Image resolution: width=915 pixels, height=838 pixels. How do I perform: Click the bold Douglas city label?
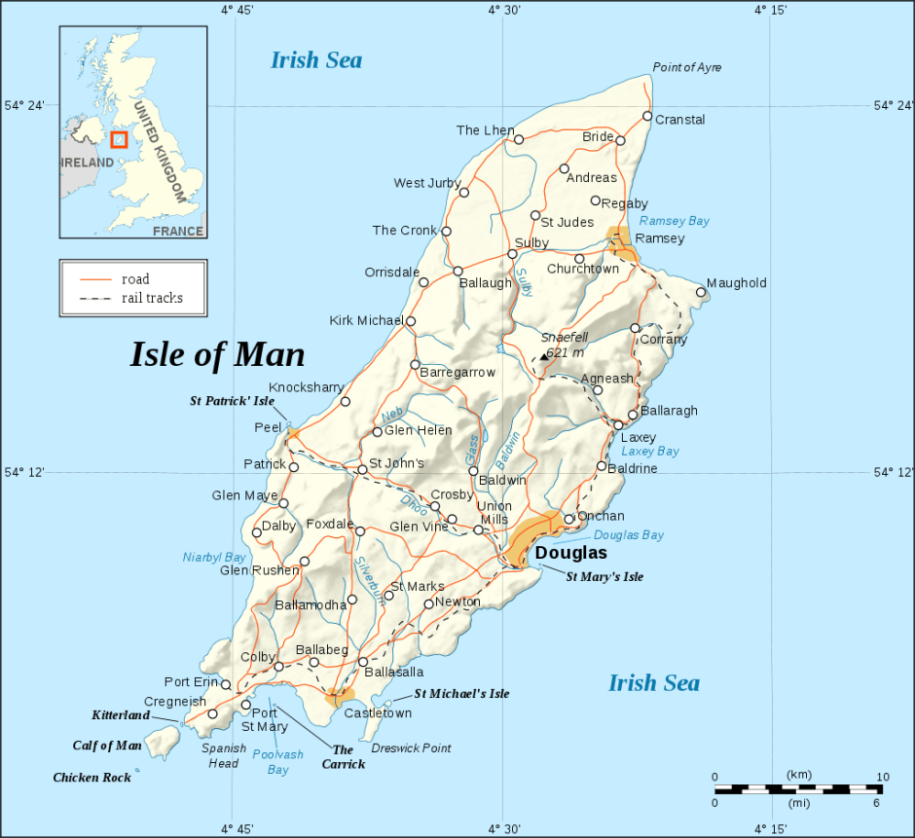pos(571,553)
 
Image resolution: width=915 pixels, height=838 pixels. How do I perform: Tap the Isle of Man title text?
pos(217,355)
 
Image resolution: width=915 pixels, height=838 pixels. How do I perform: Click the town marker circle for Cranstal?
pos(647,117)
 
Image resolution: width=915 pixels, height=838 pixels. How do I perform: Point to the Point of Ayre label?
pos(686,67)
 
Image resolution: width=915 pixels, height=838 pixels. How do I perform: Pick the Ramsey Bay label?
pos(674,221)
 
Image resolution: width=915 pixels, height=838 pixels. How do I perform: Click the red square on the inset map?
pos(119,140)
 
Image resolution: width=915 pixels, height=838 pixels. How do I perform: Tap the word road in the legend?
pos(135,279)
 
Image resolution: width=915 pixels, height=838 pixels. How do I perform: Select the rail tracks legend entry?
pos(152,298)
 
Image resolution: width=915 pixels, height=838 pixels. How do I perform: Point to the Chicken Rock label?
pos(91,778)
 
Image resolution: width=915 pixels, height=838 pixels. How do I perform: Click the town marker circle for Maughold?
pos(701,292)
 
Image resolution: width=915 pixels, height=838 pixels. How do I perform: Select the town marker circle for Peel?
pos(290,427)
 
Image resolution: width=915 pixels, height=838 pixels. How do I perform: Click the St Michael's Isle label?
pos(461,694)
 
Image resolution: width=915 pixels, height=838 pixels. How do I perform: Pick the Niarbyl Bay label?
pos(214,558)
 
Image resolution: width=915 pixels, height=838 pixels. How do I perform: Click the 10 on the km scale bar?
pos(882,776)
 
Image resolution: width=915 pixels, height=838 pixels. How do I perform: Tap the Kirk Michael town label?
pos(366,320)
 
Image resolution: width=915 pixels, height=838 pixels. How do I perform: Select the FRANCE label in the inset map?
pos(178,232)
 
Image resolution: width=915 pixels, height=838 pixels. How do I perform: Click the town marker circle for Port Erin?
pos(226,685)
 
